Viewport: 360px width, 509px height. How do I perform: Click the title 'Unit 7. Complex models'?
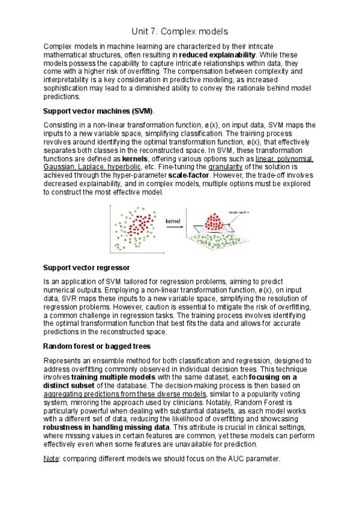(x=180, y=31)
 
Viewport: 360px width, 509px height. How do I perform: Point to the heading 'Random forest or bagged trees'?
(x=97, y=346)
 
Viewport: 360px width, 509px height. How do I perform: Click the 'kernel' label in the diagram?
(x=173, y=221)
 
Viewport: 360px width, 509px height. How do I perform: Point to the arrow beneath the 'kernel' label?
(x=173, y=228)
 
